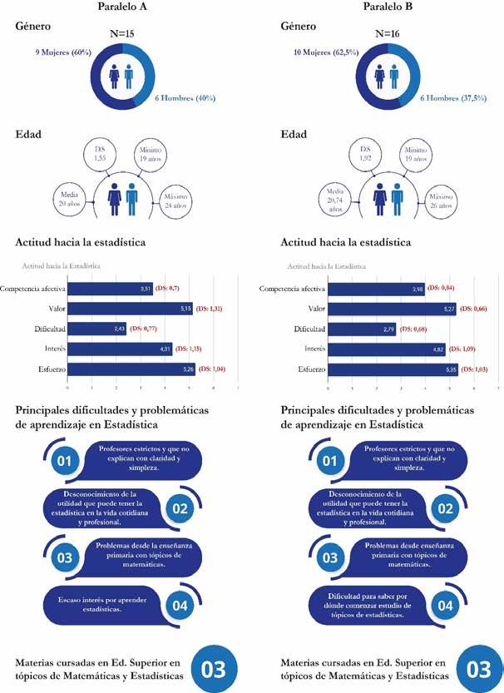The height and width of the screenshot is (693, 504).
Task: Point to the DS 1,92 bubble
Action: click(x=343, y=153)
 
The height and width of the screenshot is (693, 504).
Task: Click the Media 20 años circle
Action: click(x=70, y=199)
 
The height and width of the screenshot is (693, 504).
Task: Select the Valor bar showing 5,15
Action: click(x=130, y=308)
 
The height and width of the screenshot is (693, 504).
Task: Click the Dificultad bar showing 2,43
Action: click(x=96, y=328)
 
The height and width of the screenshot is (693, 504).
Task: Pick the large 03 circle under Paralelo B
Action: click(x=478, y=668)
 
